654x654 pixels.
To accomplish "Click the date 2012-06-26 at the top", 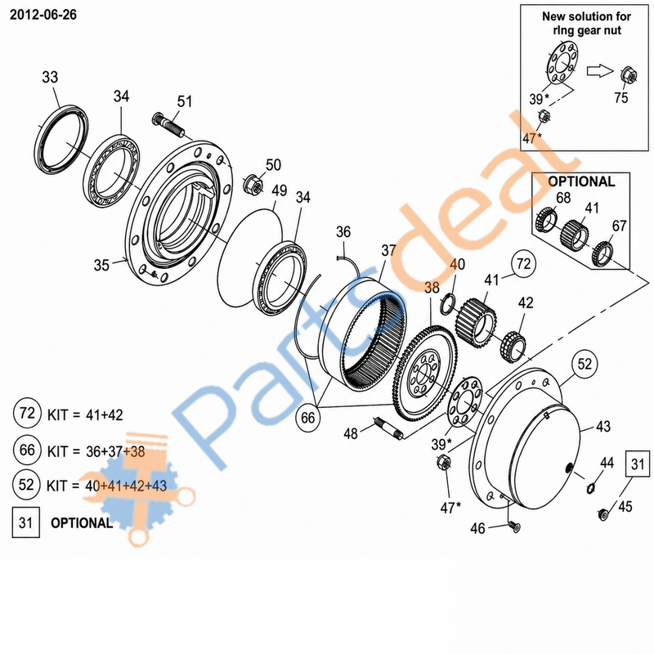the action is (43, 15).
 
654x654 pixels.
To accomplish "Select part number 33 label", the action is (50, 77).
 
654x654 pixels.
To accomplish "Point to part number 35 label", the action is (101, 265).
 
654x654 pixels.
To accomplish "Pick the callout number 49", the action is (279, 190).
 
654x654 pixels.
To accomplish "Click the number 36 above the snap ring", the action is (343, 232).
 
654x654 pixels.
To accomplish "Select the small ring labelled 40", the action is (447, 303).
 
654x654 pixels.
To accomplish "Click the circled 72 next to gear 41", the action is (523, 263).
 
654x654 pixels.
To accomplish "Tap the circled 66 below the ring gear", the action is (308, 418).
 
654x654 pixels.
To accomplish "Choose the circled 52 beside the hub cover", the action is (585, 364).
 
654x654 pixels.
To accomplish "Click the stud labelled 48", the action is (389, 428).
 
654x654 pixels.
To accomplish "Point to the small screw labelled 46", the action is (514, 527).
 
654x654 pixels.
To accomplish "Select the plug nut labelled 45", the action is (602, 514).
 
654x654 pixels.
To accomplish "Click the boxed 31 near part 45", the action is (638, 464).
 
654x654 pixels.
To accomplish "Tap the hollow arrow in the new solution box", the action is (600, 70).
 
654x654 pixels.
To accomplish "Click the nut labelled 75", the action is (628, 75).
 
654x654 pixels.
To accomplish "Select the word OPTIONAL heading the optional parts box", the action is (581, 181).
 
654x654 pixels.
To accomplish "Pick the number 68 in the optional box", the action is (563, 197).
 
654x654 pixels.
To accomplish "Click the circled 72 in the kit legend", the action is (27, 413).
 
